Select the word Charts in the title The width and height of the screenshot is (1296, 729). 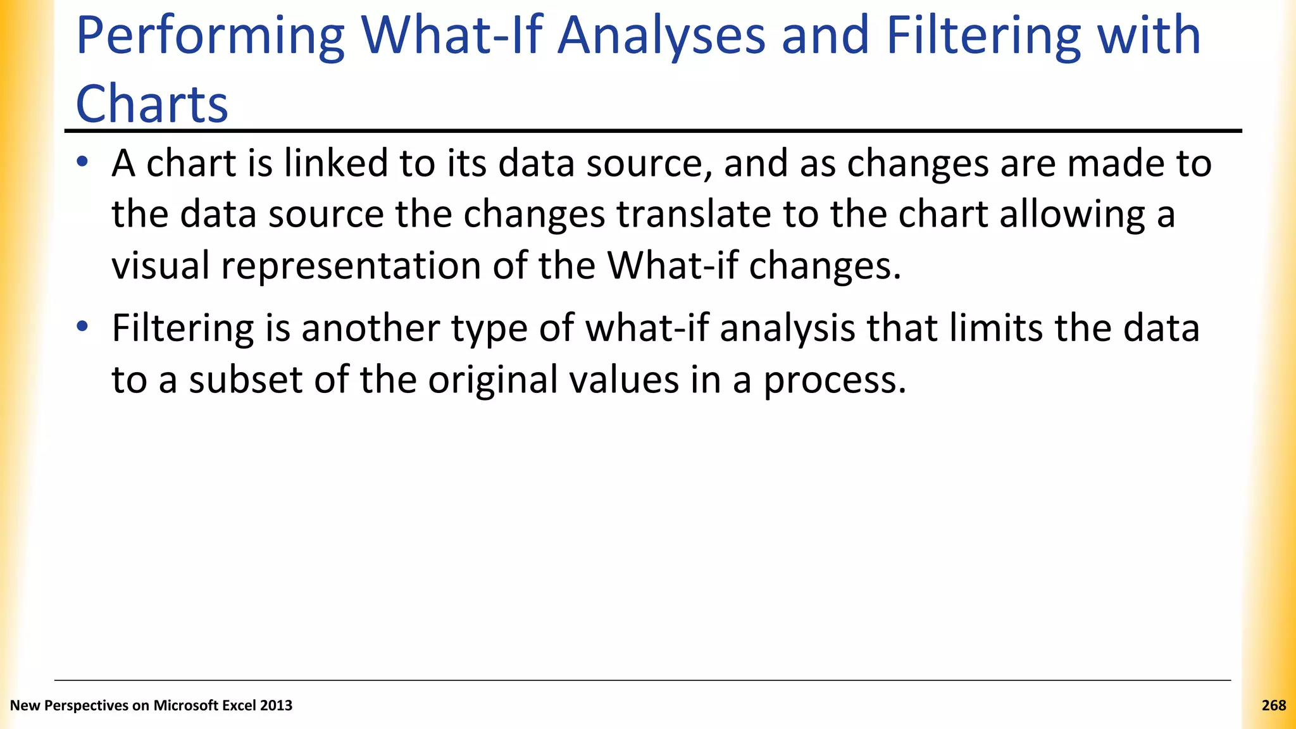pos(152,104)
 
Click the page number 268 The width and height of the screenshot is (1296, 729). pos(1273,706)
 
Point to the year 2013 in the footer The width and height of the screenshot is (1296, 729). pos(277,706)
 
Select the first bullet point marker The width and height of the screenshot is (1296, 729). pos(82,162)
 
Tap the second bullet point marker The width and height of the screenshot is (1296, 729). pos(82,327)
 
